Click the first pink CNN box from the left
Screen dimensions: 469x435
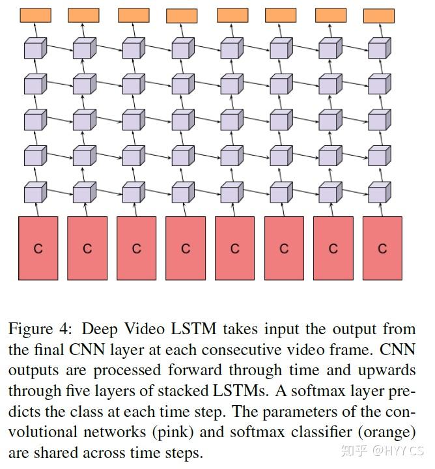coord(38,248)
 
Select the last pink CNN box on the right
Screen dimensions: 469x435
coord(382,248)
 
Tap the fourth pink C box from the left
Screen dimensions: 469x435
coord(186,248)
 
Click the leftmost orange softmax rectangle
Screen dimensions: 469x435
coord(35,15)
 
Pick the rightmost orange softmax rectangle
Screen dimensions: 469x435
coord(378,16)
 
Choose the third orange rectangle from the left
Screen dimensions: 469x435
coord(133,15)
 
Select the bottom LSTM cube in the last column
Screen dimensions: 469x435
coord(378,193)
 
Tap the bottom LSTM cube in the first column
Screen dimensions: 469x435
coord(35,193)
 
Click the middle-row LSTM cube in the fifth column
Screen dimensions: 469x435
coord(231,121)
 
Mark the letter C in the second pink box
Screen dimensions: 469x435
coord(87,249)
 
